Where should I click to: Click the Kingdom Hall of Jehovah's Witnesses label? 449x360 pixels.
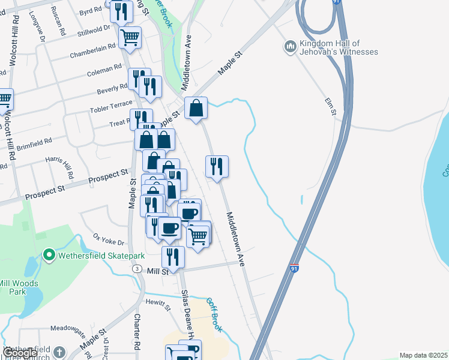coord(339,48)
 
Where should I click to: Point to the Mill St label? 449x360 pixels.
coord(156,271)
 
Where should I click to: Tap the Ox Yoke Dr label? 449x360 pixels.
coord(108,239)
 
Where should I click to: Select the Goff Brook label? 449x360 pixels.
coord(214,316)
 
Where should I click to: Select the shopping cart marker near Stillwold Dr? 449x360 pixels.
coord(130,38)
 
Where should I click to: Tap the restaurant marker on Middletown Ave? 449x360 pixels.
coord(217,166)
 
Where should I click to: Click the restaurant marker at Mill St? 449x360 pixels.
coord(173,256)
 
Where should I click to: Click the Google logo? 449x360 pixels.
coord(20,353)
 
